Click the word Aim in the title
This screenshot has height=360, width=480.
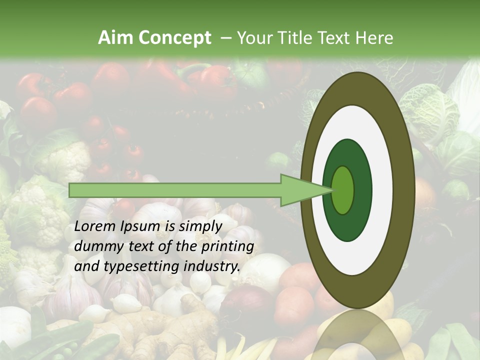pos(115,38)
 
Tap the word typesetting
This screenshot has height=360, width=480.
pos(135,267)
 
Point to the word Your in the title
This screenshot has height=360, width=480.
pos(253,38)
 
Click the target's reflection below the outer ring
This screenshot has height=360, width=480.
pos(358,335)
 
